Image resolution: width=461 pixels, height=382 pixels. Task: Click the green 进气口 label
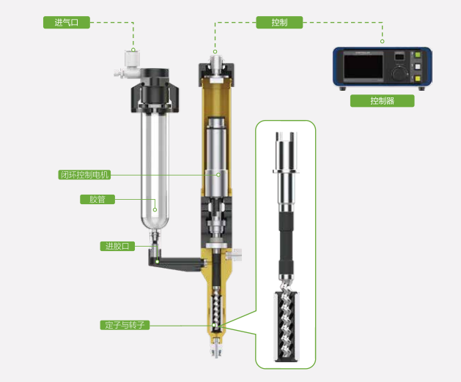(67, 22)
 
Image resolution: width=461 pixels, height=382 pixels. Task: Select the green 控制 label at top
(279, 22)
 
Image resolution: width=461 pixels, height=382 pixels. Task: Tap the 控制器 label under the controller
(382, 101)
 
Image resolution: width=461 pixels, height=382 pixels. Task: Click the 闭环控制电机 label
(84, 175)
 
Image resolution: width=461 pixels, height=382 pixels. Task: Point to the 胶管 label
(97, 199)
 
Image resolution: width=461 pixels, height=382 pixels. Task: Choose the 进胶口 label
(117, 246)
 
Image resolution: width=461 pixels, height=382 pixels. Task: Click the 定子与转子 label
(125, 325)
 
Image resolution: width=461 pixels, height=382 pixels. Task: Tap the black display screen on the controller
(364, 67)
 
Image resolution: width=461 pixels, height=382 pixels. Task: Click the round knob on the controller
(399, 73)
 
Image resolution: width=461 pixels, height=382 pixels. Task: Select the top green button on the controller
(418, 55)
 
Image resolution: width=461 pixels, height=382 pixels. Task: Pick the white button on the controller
(418, 67)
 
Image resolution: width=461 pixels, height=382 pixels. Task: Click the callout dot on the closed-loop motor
(218, 175)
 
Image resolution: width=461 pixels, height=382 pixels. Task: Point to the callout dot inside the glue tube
(155, 209)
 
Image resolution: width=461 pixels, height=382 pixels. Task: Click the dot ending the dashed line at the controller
(382, 42)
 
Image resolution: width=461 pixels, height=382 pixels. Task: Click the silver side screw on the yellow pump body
(235, 255)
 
